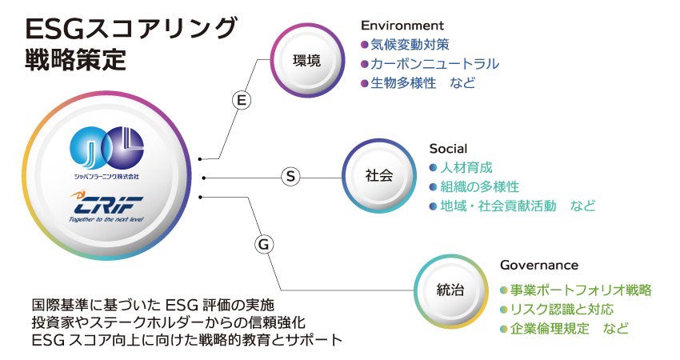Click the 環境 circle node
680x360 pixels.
pyautogui.click(x=306, y=60)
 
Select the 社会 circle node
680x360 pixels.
pyautogui.click(x=379, y=176)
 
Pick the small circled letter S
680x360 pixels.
pyautogui.click(x=291, y=177)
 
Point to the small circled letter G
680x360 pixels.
pyautogui.click(x=262, y=245)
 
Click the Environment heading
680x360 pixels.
pyautogui.click(x=402, y=26)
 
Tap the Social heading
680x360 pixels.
pyautogui.click(x=448, y=149)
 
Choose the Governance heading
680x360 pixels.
pyautogui.click(x=538, y=265)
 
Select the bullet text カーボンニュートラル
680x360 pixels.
pyautogui.click(x=434, y=64)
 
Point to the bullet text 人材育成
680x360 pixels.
pyautogui.click(x=466, y=168)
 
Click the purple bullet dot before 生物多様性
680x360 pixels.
pyautogui.click(x=365, y=83)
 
